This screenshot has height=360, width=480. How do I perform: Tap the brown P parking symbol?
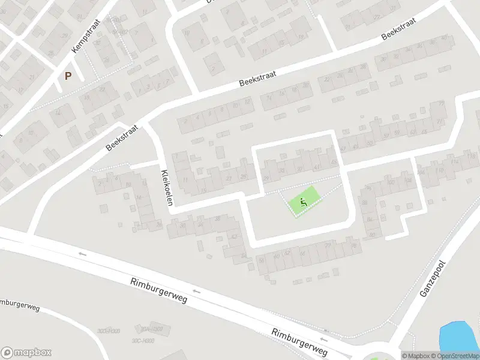[68, 76]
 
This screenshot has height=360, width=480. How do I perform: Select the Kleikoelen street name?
[167, 187]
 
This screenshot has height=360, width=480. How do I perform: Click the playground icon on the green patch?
[304, 203]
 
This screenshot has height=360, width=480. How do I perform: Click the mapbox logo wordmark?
[26, 352]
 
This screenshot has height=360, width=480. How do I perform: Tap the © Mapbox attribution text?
[415, 356]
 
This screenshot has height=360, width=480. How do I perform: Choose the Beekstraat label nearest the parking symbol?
[122, 137]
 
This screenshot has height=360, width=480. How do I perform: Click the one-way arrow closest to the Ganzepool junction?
[326, 331]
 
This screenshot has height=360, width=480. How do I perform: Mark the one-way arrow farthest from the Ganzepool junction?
[82, 254]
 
